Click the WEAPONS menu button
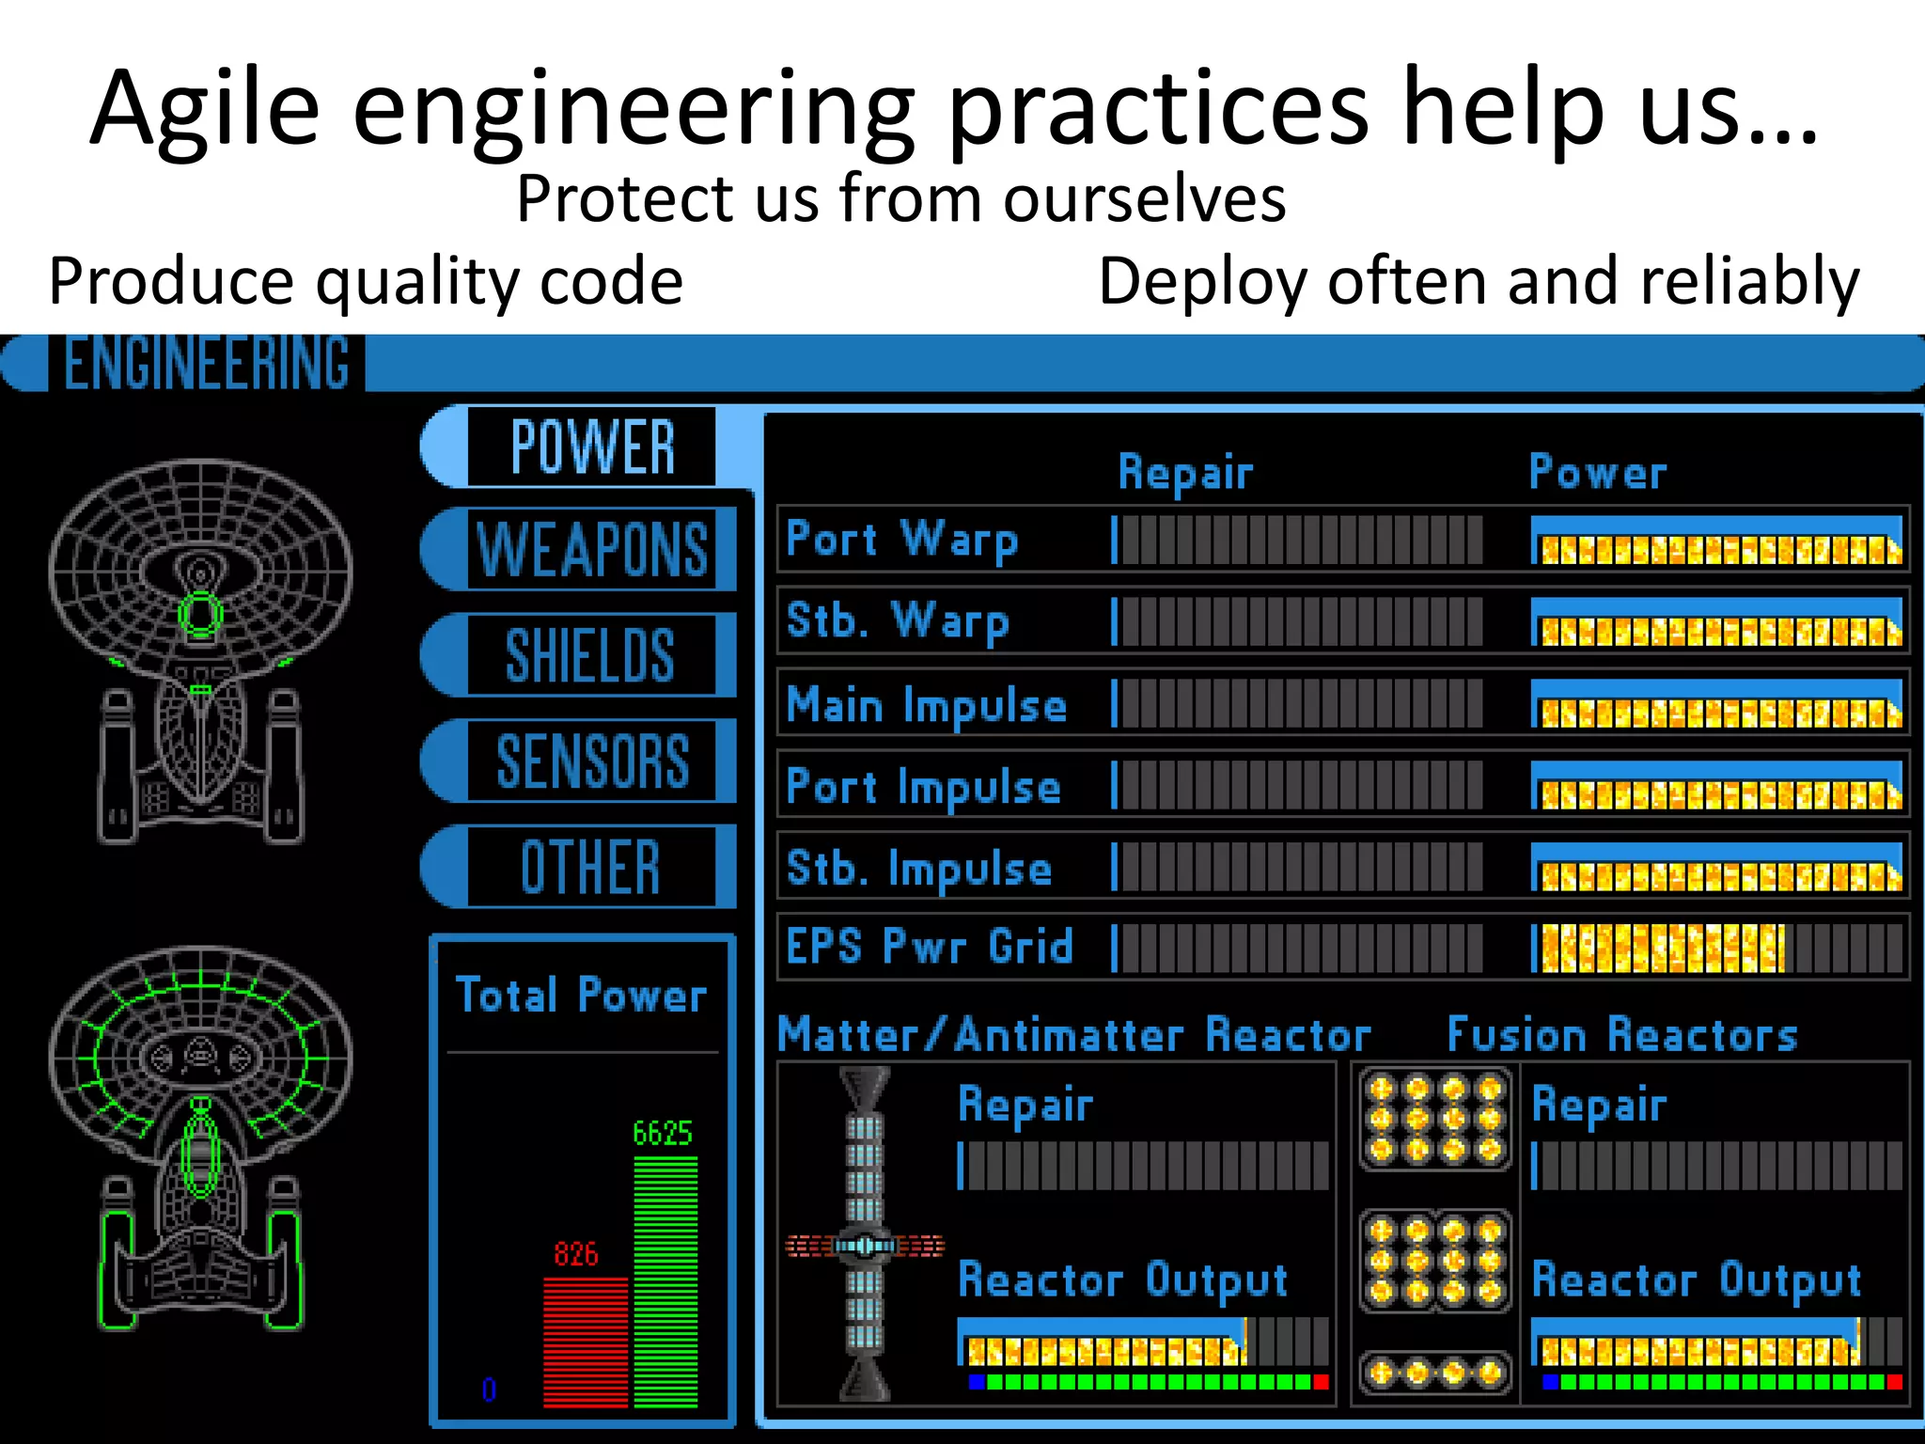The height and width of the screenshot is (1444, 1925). pos(592,550)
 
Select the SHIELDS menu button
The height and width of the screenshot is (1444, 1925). pos(590,655)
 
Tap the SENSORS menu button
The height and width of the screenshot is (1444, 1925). pos(592,761)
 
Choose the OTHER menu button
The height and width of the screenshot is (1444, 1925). pos(590,867)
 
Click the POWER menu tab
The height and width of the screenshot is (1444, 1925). pos(592,447)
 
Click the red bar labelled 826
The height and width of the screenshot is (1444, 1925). pos(585,1342)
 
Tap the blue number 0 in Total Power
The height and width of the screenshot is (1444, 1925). pos(489,1389)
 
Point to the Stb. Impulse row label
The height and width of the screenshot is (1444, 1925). pos(919,868)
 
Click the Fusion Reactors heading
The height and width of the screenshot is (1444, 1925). pos(1622,1035)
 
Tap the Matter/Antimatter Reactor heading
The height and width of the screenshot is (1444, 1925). pos(1074,1035)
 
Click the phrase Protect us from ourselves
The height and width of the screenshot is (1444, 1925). pos(900,199)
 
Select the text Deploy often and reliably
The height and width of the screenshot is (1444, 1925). pos(1479,281)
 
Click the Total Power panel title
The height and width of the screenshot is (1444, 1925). pos(581,996)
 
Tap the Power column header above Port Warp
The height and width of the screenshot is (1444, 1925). pos(1597,472)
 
